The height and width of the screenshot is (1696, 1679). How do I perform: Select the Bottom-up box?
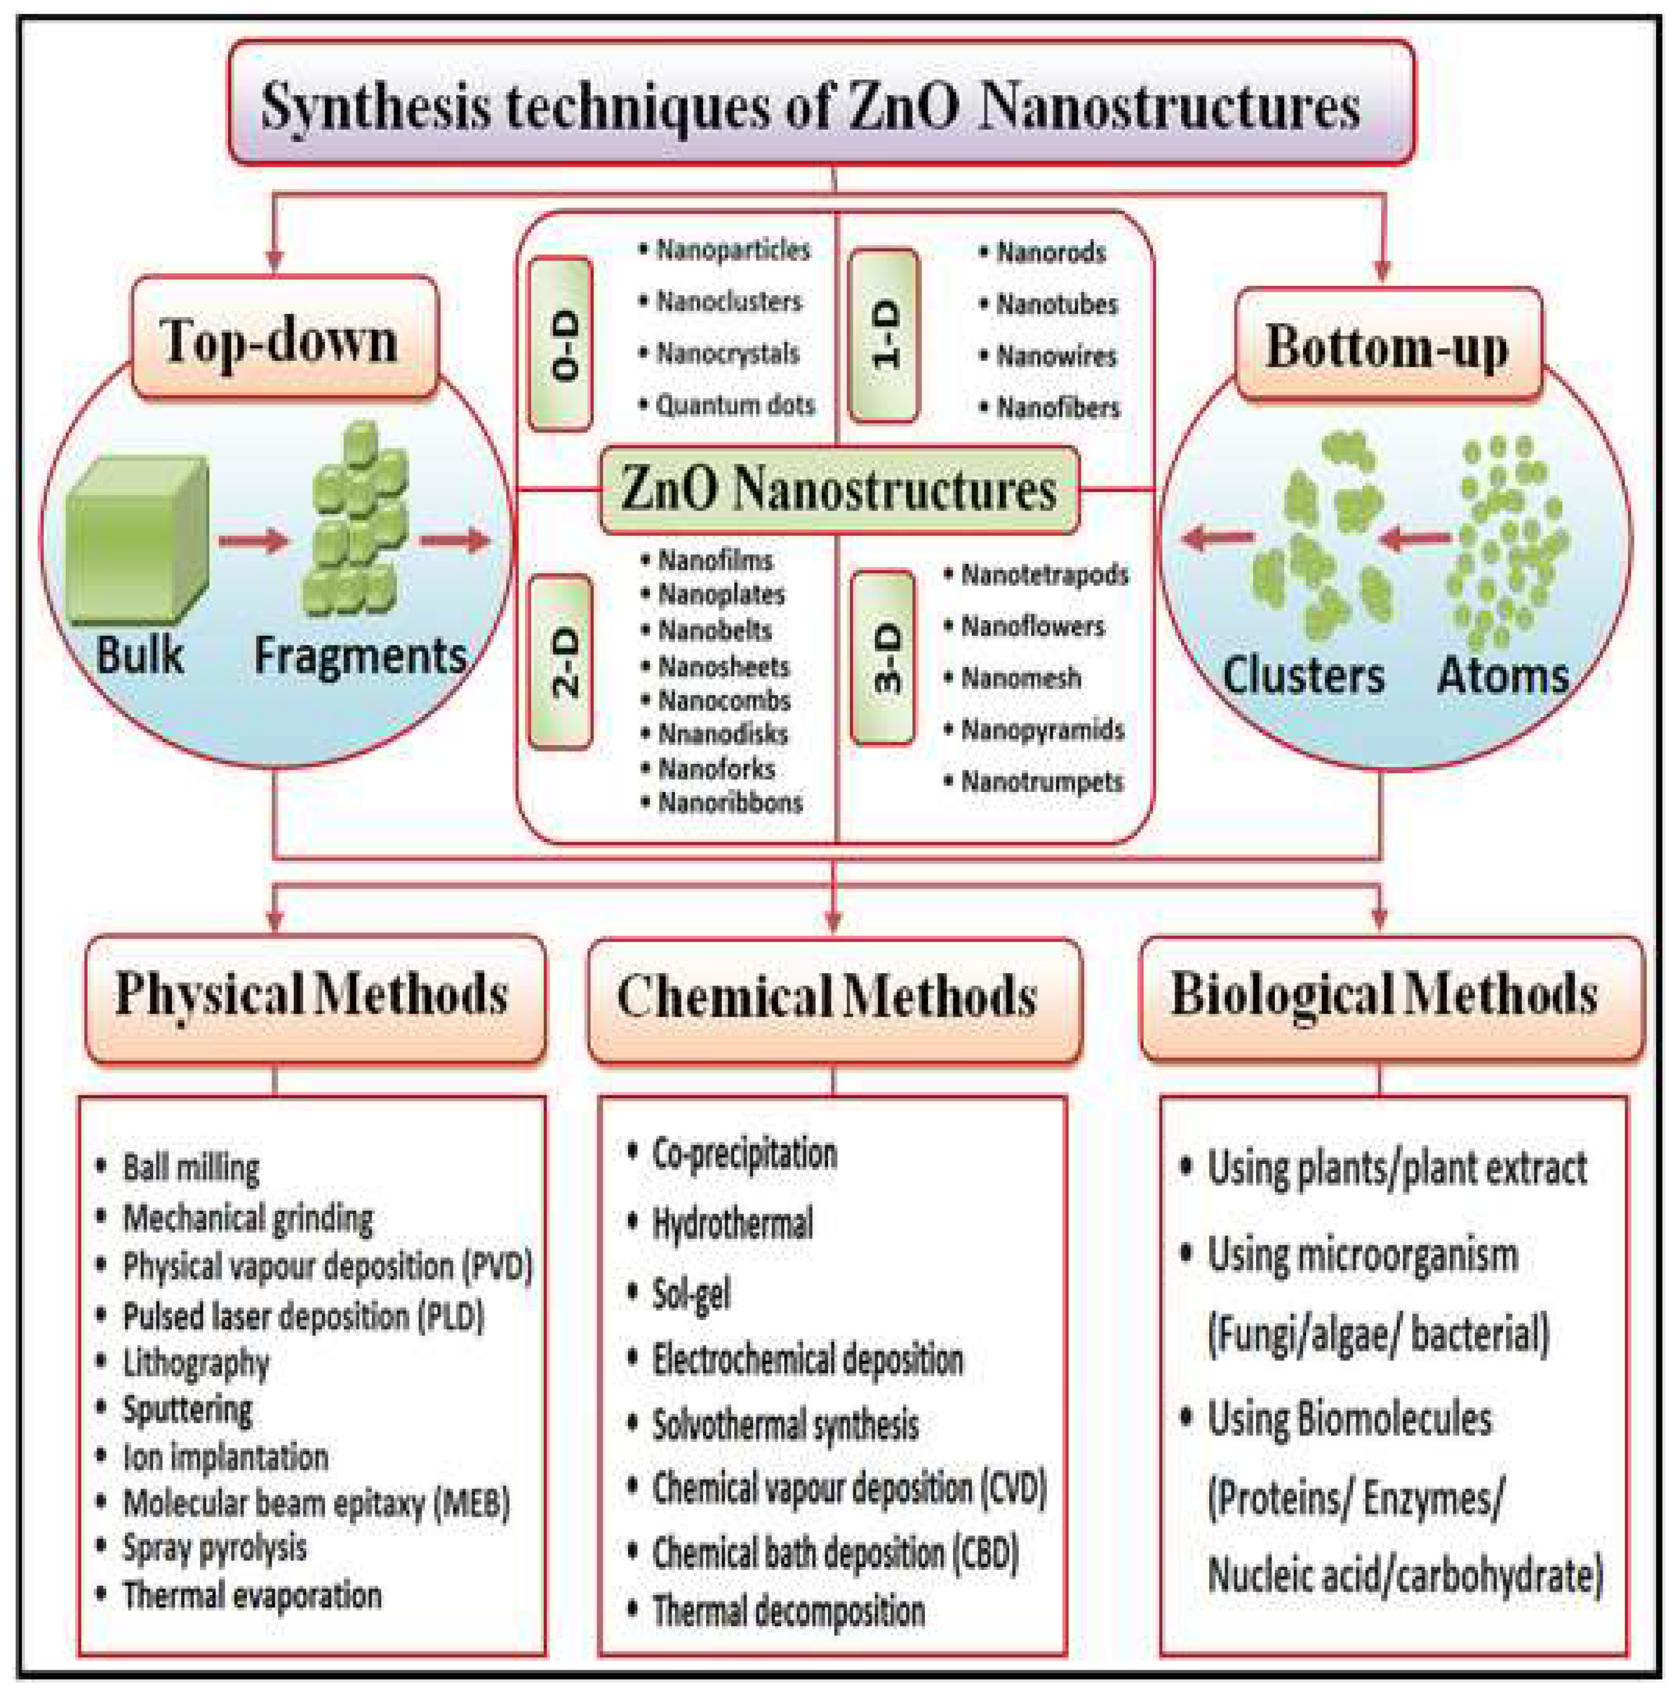[x=1388, y=346]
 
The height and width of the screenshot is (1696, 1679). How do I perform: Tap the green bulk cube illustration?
[x=138, y=537]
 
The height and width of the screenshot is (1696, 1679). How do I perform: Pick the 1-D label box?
[x=884, y=336]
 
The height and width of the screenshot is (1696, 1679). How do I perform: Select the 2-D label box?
[x=561, y=661]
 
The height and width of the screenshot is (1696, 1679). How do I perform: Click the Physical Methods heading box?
[x=315, y=998]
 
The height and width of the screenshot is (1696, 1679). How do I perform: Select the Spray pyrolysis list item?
[x=214, y=1547]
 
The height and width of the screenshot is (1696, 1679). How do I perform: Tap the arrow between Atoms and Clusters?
[x=1415, y=537]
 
